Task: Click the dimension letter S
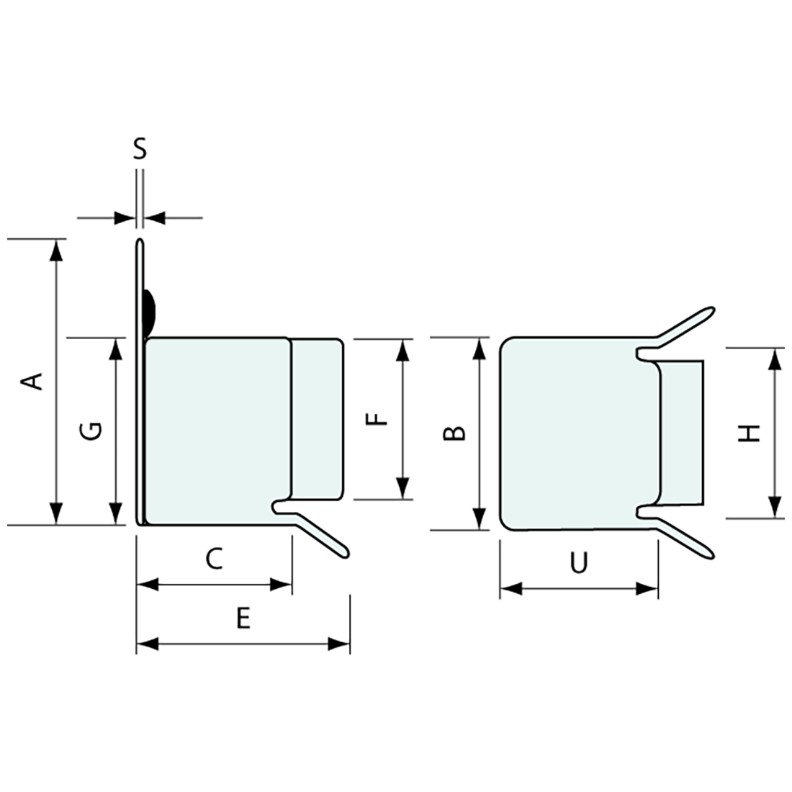[140, 149]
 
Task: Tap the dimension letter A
[31, 382]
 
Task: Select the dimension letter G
[91, 431]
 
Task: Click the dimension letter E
[243, 618]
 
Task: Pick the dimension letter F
[377, 419]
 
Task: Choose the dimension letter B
[454, 433]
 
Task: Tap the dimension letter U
[579, 563]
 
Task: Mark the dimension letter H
[749, 433]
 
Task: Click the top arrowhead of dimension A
[57, 250]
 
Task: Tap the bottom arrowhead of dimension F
[402, 488]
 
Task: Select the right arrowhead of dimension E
[338, 644]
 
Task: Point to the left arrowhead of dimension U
[510, 588]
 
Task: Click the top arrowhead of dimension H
[774, 359]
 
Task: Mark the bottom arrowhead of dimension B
[479, 518]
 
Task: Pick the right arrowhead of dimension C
[281, 585]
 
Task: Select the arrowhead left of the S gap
[125, 218]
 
